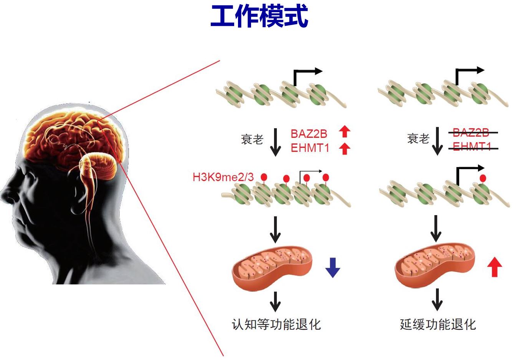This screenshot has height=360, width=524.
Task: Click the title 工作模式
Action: coord(259,16)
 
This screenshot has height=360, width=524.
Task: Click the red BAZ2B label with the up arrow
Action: coord(309,134)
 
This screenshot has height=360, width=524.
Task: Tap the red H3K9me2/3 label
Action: coord(223,177)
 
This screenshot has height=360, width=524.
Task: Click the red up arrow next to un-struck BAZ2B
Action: coord(345,132)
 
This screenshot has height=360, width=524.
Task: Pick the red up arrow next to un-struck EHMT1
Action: coord(345,148)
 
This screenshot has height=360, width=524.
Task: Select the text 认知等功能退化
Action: coord(276,324)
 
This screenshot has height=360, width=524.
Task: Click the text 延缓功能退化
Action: coord(438,324)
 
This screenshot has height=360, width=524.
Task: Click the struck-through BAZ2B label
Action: coord(471,133)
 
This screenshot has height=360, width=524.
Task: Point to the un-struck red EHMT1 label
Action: coord(310,148)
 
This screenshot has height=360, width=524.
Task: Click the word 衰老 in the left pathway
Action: coord(252,139)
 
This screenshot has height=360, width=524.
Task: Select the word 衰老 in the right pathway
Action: coord(418,138)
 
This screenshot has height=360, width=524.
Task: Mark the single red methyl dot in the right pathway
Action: coord(483,178)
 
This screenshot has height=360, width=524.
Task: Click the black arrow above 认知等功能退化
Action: coord(275,301)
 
